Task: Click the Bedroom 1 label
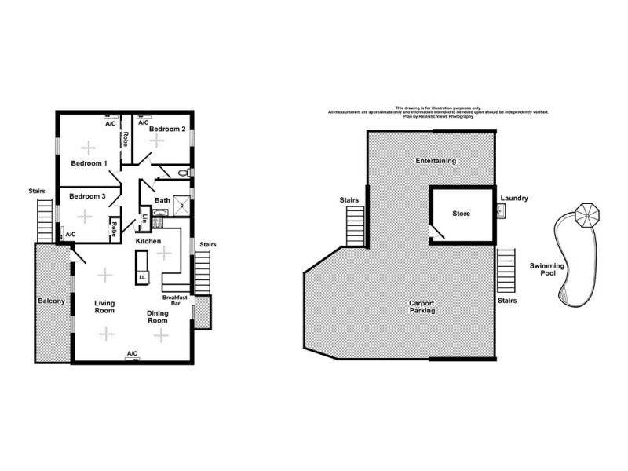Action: point(89,163)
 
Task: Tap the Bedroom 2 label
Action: point(167,129)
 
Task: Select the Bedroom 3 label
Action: point(87,195)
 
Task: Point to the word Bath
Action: point(162,201)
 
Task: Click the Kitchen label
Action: point(148,241)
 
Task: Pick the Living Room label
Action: point(105,307)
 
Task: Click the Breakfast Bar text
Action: point(173,300)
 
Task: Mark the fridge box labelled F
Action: point(142,277)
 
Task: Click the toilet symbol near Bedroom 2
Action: point(183,172)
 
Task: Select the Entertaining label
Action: point(436,161)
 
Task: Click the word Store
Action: point(461,213)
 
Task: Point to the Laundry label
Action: point(514,199)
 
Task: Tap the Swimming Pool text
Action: point(546,271)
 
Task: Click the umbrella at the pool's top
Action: point(587,214)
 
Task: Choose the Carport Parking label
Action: point(422,306)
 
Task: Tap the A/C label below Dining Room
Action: point(131,354)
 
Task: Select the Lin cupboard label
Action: point(144,219)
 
